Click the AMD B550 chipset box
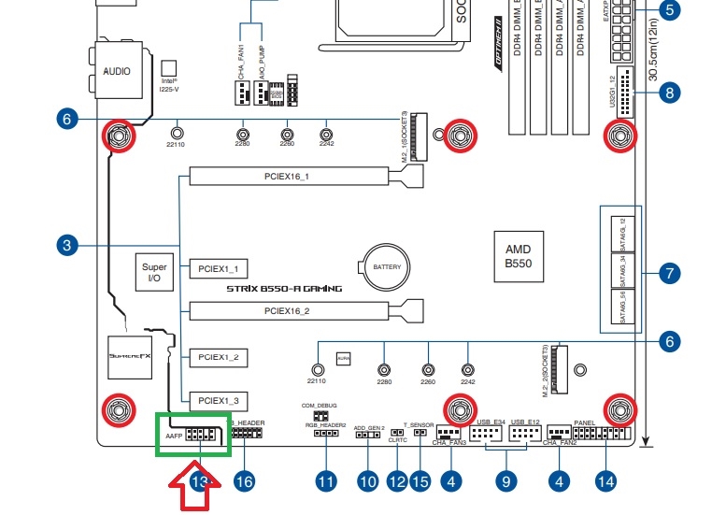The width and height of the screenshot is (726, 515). [518, 257]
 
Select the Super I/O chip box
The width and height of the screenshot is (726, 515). [155, 272]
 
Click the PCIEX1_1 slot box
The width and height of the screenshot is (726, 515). [218, 268]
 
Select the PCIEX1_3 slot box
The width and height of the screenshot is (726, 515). [218, 400]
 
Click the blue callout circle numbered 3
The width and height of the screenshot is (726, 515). [65, 246]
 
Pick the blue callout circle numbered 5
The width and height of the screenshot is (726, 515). [670, 10]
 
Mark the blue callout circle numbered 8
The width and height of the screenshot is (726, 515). [669, 92]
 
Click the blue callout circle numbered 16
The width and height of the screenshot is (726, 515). [245, 481]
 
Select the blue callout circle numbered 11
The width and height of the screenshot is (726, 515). [325, 481]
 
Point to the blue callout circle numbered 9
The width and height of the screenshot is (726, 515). [506, 481]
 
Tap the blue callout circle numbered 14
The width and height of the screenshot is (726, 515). [605, 481]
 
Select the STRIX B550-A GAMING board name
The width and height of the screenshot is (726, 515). [284, 289]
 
